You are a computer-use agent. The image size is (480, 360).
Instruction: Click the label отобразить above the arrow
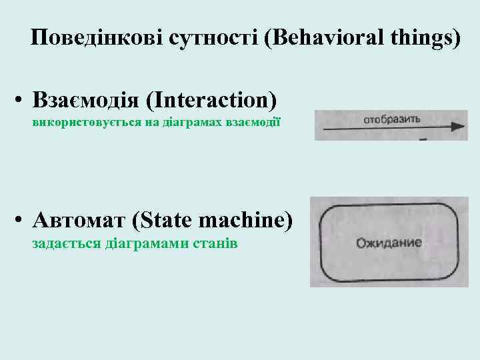[391, 119]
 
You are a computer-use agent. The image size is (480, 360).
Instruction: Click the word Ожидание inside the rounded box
[389, 243]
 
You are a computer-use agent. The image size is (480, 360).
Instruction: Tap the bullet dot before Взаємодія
[22, 102]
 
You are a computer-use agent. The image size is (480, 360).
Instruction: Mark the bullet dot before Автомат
[22, 221]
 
